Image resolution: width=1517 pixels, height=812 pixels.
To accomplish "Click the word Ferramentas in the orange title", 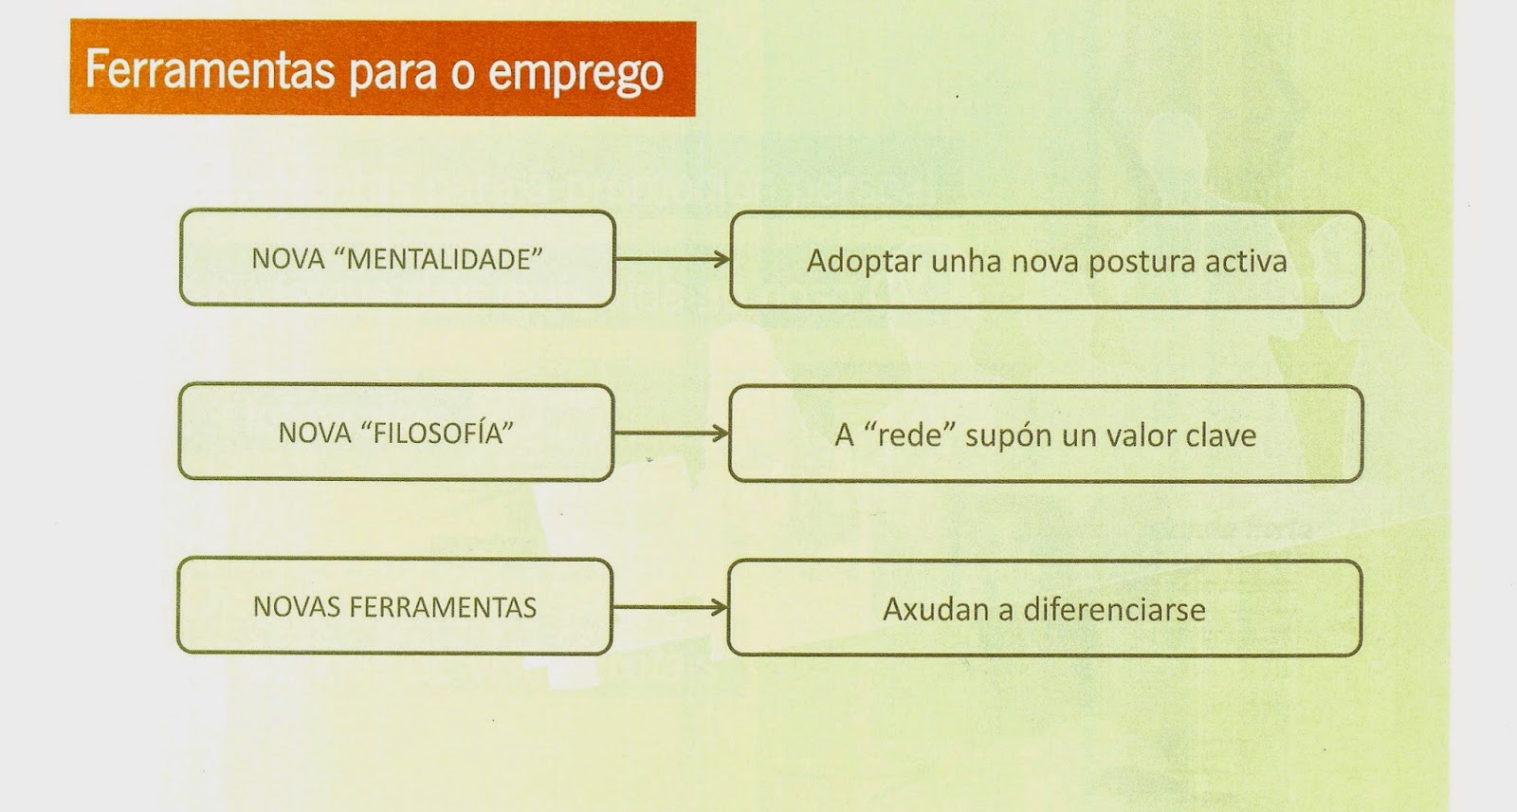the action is (210, 69).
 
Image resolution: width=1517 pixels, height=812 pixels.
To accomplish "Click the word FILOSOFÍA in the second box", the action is (437, 433).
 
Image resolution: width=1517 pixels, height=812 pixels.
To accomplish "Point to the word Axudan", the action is (936, 609).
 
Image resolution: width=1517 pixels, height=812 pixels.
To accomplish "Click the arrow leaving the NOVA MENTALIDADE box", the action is (672, 259).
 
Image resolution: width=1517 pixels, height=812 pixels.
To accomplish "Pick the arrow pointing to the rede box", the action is (671, 434).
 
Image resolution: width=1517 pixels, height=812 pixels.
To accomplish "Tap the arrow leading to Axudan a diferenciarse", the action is (669, 607).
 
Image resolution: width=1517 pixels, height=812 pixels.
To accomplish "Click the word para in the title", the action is (392, 73).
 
